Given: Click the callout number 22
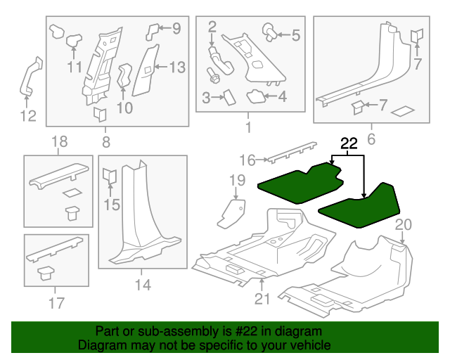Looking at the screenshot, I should point(349,144).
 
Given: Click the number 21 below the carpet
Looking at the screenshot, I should point(262,300).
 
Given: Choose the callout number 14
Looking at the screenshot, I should point(143,285).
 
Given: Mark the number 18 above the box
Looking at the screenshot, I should point(59,142).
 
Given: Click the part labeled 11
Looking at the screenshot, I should point(72,45).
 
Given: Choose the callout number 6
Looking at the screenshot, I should point(371,139).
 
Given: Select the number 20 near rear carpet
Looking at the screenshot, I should point(402,225).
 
